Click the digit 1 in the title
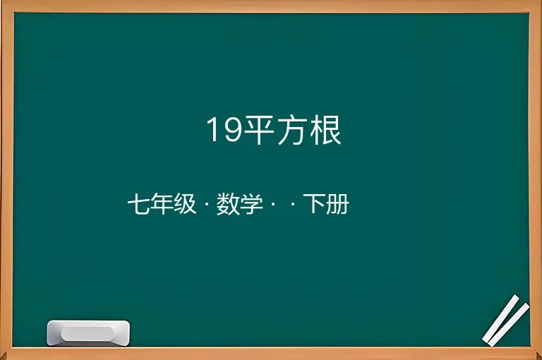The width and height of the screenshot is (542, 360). pos(212,129)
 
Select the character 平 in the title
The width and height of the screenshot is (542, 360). pos(259,130)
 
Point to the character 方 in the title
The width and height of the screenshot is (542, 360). pos(292,130)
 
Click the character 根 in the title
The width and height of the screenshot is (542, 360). pos(325,130)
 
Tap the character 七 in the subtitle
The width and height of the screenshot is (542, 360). pos(138,204)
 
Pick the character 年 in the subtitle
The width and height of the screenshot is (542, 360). pos(162,204)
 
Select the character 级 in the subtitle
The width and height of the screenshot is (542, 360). pos(185,204)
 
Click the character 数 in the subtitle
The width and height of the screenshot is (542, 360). pos(228,204)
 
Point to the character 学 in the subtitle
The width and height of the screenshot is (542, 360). pos(251,204)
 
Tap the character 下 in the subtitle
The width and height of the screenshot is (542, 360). pos(314,204)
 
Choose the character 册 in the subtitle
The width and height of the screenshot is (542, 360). pos(337,204)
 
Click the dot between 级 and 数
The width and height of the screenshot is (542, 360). pos(207,204)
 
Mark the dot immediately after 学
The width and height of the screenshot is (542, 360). pos(272,204)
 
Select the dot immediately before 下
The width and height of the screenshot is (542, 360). pos(294,204)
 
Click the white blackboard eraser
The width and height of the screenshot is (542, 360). pos(88,332)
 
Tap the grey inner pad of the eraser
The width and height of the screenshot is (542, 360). pos(88,333)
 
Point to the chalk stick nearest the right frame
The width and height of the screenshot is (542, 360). pos(509,325)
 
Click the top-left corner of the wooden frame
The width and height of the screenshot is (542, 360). pos(1,1)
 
